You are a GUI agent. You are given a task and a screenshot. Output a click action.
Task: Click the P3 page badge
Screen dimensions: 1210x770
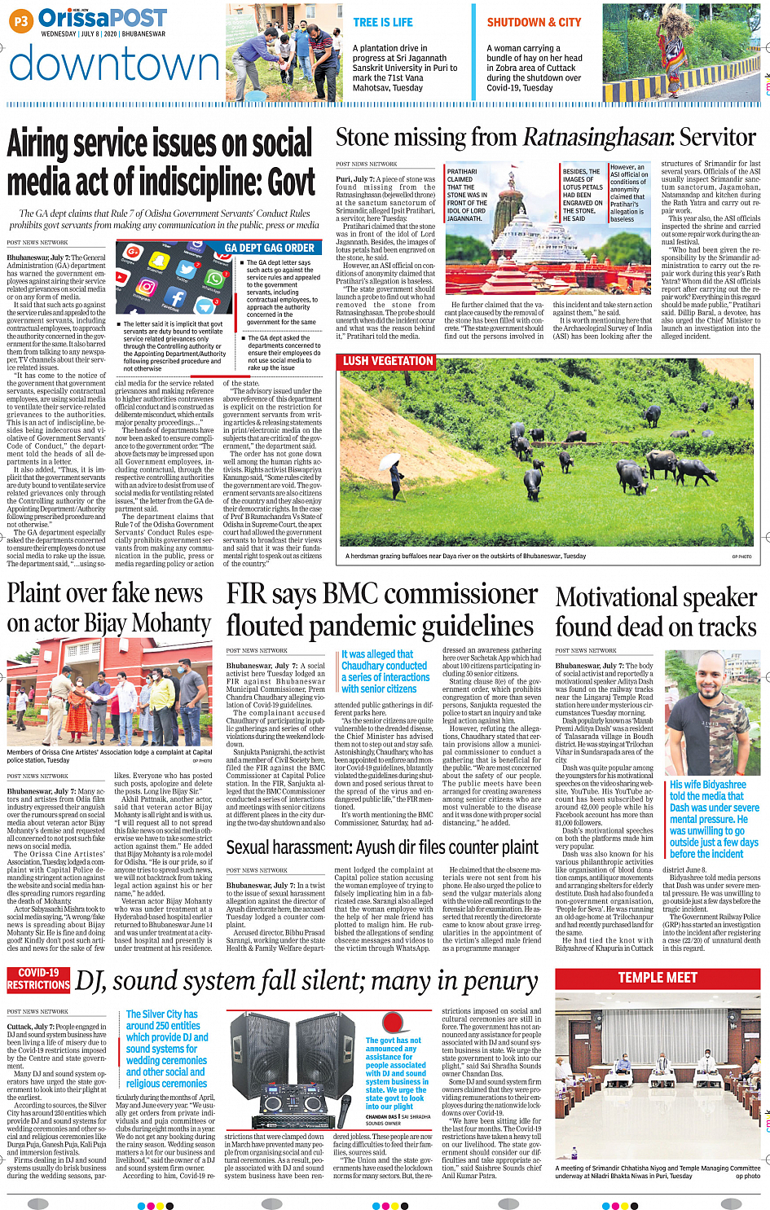[x=21, y=22]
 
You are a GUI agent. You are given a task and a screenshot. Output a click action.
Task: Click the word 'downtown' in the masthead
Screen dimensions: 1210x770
[x=115, y=64]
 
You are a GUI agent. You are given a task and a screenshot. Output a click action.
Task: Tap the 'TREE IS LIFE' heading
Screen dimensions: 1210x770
[x=383, y=23]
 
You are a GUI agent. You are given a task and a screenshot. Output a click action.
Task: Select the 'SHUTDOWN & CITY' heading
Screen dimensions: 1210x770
[x=534, y=23]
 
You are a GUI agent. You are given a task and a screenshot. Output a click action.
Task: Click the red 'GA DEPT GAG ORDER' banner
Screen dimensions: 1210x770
[x=269, y=248]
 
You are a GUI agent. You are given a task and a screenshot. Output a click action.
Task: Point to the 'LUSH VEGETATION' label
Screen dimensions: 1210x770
[x=387, y=361]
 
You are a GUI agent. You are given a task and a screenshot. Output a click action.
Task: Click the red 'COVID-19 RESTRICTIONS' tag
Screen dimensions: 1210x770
[x=38, y=979]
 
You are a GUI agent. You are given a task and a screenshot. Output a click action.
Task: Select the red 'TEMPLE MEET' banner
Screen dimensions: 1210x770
[x=657, y=977]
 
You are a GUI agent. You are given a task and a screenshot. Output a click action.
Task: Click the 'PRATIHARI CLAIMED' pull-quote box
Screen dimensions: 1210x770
[x=467, y=196]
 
